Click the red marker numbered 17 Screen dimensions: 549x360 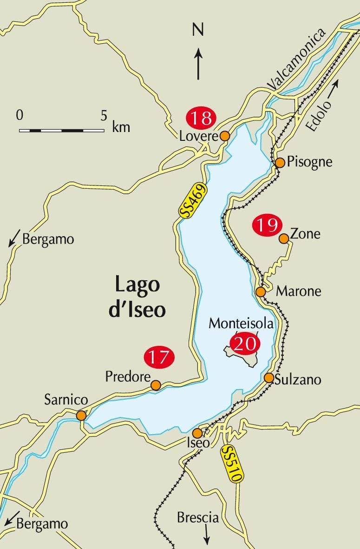159,357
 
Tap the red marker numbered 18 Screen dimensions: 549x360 201,118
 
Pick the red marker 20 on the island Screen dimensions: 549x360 244,344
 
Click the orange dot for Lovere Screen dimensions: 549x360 224,136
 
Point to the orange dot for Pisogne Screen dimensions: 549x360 280,162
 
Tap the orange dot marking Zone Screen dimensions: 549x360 283,238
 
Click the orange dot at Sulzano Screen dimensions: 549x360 268,377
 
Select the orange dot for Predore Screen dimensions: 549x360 156,385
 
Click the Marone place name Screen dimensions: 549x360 299,291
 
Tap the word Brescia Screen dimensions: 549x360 197,517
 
